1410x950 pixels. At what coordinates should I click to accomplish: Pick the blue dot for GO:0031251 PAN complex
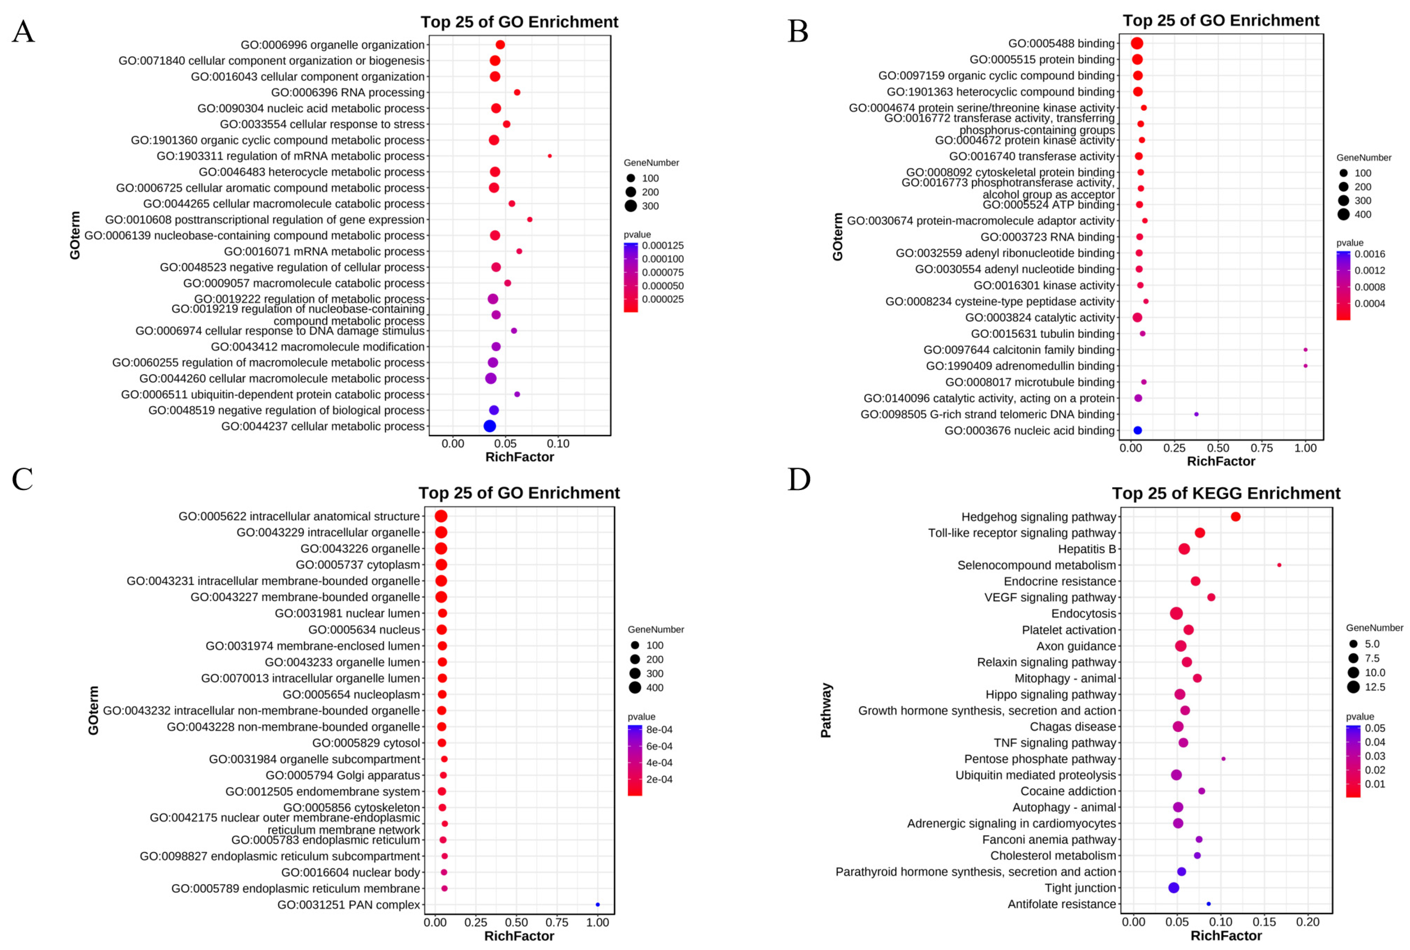click(x=597, y=905)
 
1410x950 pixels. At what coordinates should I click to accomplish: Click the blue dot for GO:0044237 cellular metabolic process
click(x=490, y=426)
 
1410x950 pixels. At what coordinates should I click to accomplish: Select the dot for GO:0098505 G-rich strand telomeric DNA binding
click(x=1196, y=414)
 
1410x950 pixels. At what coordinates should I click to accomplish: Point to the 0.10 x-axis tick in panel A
click(x=558, y=443)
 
